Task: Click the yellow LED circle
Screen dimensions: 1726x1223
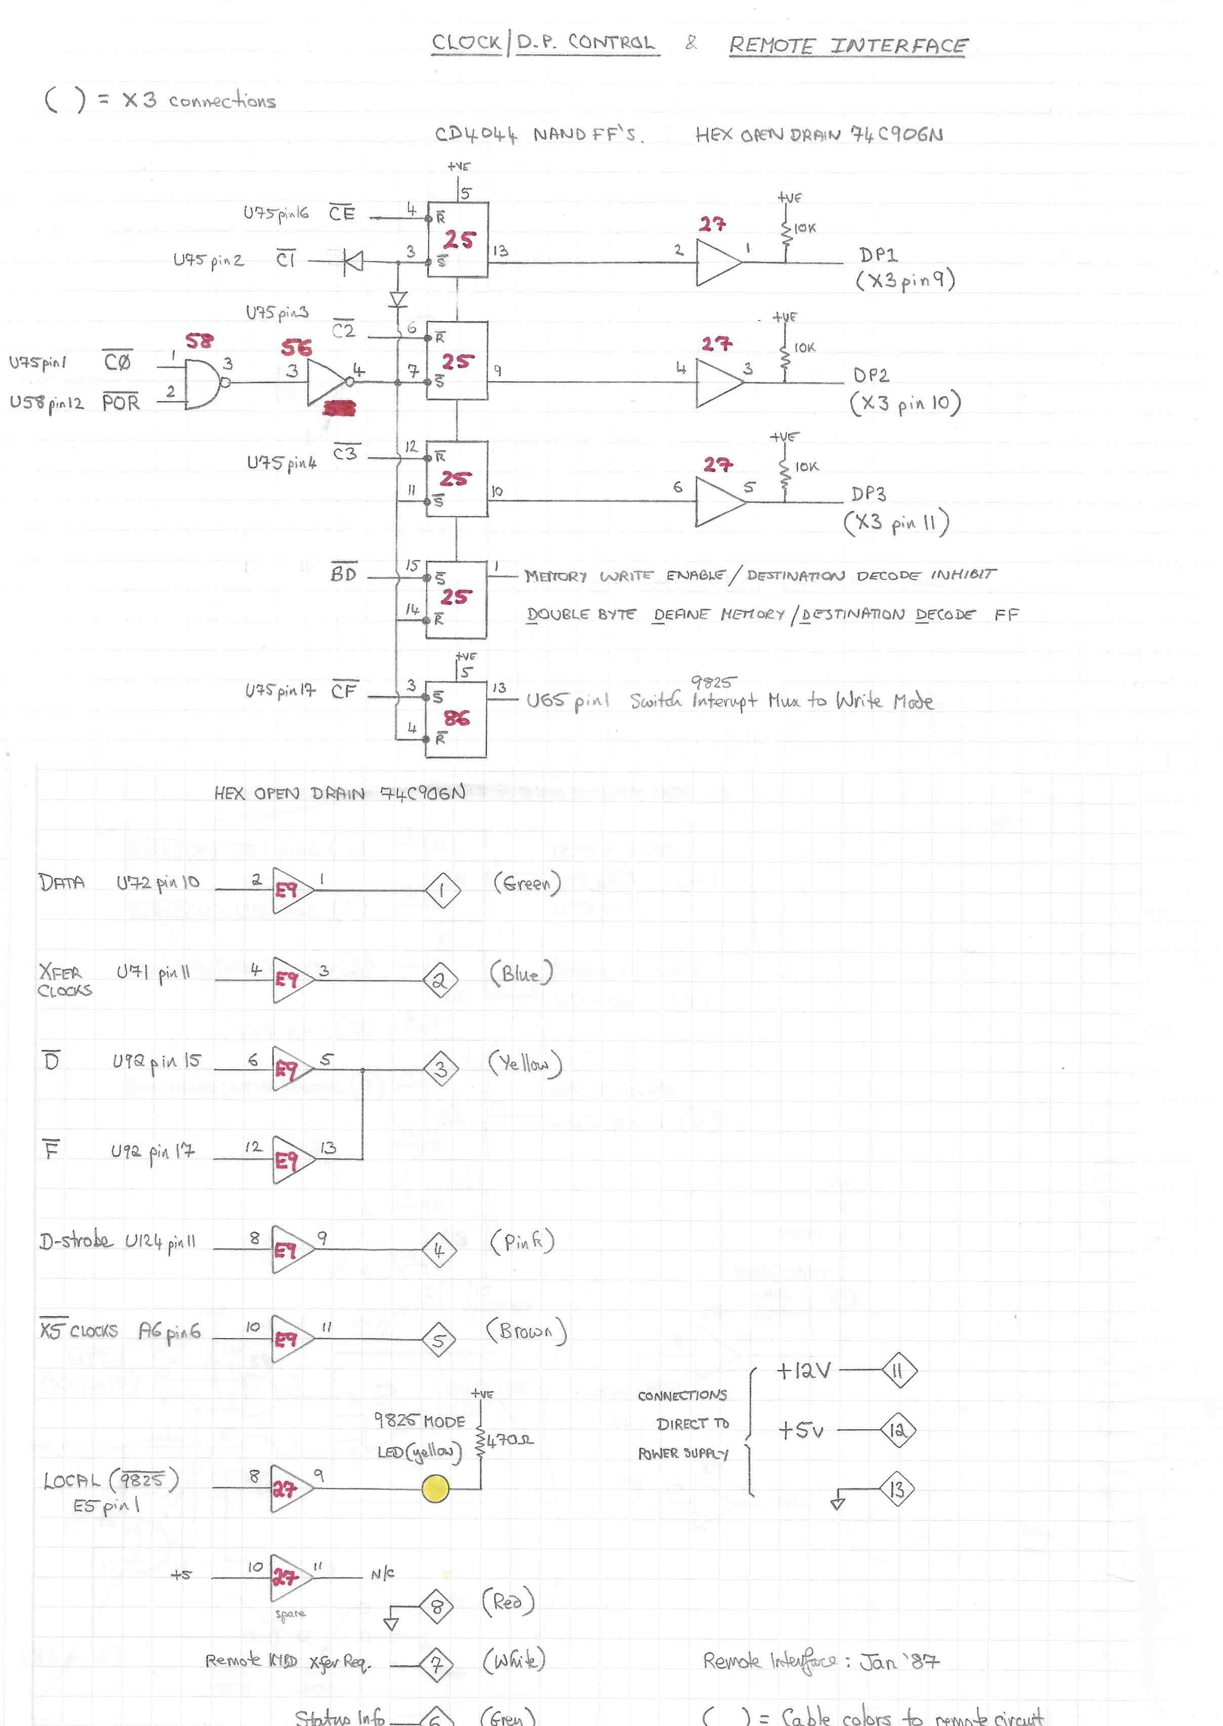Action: click(x=435, y=1488)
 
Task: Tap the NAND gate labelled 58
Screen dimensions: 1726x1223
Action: click(x=201, y=383)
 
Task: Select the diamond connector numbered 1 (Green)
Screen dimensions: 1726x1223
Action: click(x=442, y=890)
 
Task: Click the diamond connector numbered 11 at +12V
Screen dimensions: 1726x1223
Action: click(x=899, y=1370)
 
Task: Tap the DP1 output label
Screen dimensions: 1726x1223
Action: click(x=878, y=255)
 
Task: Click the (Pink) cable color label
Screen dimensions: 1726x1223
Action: click(x=522, y=1241)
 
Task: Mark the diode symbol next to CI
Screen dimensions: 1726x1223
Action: click(x=352, y=261)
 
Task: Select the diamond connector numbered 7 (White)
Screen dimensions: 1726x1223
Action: click(x=436, y=1664)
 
